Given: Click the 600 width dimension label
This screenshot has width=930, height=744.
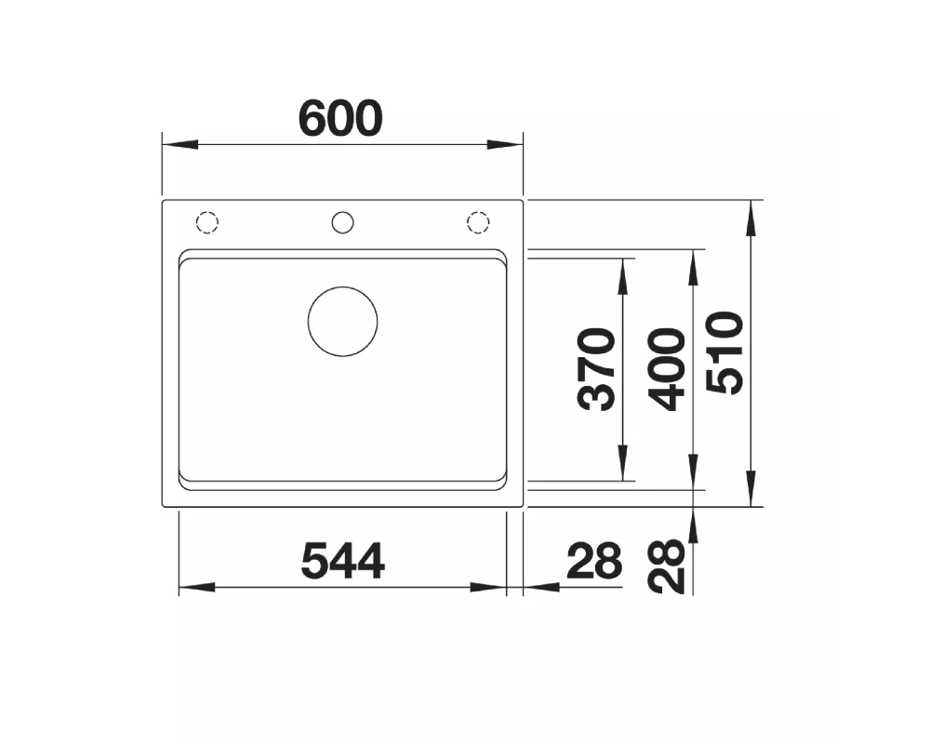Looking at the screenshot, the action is pyautogui.click(x=340, y=118).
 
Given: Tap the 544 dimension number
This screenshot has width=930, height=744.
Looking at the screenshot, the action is pyautogui.click(x=343, y=562).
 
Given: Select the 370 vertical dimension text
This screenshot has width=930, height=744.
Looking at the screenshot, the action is pyautogui.click(x=596, y=369).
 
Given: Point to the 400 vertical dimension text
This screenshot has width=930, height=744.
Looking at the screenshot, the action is pyautogui.click(x=667, y=369).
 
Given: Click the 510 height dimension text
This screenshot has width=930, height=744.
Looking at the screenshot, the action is pyautogui.click(x=724, y=352).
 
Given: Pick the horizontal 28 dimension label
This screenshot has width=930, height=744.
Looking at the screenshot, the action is pyautogui.click(x=594, y=562).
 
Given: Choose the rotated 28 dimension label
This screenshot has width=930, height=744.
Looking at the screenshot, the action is pyautogui.click(x=667, y=565).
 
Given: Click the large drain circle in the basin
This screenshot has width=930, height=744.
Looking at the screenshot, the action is pyautogui.click(x=343, y=287).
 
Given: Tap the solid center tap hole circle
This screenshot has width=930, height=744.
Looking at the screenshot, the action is pyautogui.click(x=343, y=212).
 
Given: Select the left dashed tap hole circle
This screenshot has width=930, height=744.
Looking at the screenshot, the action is pyautogui.click(x=207, y=212).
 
